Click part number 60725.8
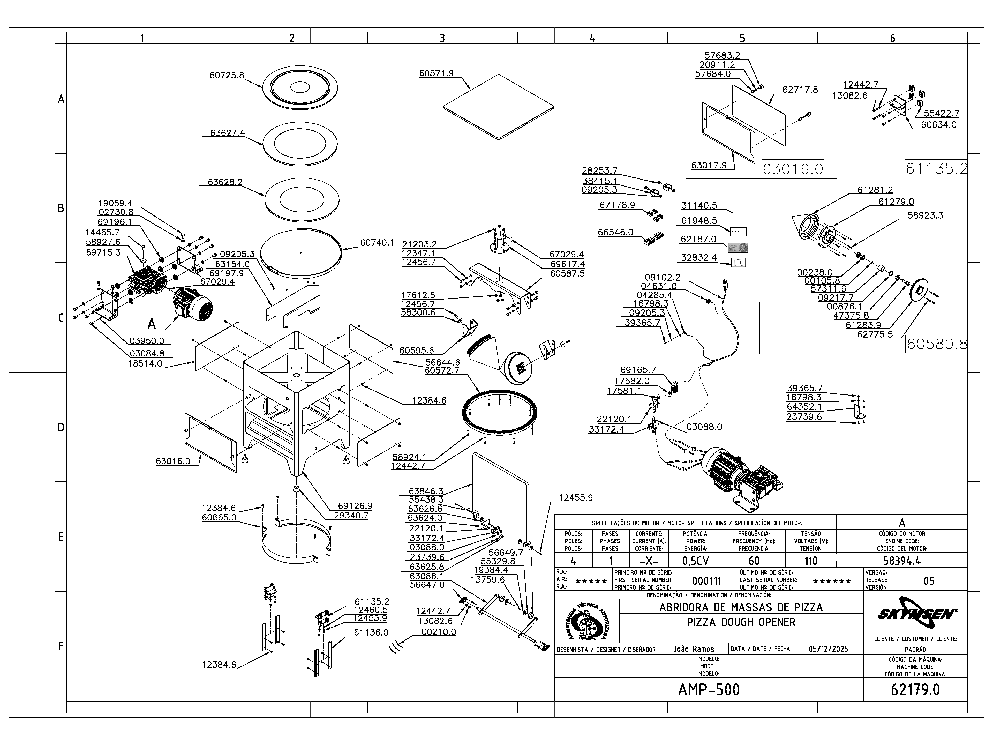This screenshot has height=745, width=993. pos(227,76)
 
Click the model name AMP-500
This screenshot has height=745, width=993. pos(708,689)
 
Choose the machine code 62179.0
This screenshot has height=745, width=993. pos(915,689)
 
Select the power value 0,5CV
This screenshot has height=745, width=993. pos(695,561)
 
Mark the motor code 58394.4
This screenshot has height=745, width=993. pos(901,561)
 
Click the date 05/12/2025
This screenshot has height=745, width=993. pos(828,649)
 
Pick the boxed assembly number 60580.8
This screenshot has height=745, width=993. pos(936,344)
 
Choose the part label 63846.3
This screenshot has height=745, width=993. pos(426,491)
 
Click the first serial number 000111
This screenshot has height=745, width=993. pos(706,581)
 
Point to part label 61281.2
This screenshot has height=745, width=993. pos(875,190)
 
